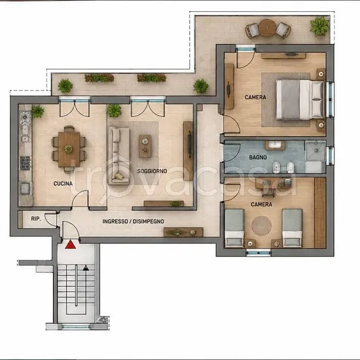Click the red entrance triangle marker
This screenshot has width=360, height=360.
[71, 244]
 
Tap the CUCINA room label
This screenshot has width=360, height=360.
[63, 183]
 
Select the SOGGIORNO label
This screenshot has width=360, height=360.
[152, 171]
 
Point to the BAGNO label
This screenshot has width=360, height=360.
[258, 157]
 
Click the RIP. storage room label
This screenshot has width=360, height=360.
[36, 219]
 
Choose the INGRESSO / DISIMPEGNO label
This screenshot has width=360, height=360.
[133, 221]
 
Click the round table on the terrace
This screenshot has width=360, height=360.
[268, 27]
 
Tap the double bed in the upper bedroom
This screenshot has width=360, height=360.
[300, 99]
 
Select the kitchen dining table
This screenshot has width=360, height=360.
[69, 149]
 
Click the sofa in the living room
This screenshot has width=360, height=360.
[119, 155]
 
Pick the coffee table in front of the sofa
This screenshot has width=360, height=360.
[145, 146]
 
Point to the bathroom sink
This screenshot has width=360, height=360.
[275, 145]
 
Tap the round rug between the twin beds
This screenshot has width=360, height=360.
[261, 226]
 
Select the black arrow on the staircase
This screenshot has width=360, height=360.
[86, 268]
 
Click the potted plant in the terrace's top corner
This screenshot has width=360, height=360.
[319, 26]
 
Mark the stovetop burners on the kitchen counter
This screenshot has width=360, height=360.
[25, 163]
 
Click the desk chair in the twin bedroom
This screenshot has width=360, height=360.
[268, 194]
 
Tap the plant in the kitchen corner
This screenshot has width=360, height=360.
[38, 111]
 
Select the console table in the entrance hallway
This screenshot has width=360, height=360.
[183, 232]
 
